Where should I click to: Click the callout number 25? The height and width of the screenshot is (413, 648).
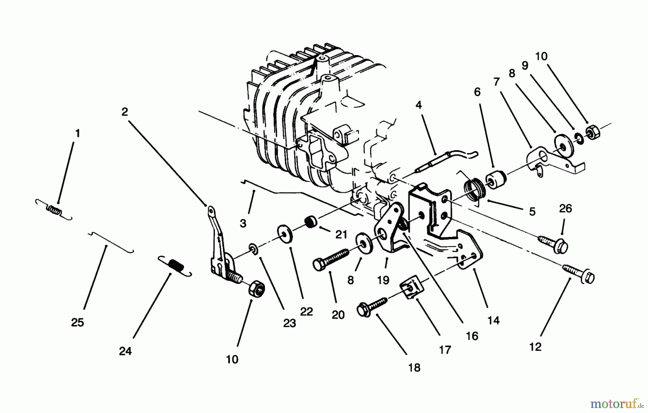coord(77,322)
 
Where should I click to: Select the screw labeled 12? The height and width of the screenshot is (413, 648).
coord(579,274)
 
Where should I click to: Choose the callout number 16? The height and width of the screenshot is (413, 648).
coord(472,336)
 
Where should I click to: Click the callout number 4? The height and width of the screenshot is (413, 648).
coord(418,105)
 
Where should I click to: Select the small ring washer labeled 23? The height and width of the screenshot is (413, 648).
coord(254,248)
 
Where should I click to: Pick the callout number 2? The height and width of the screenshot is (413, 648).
coord(125,112)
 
